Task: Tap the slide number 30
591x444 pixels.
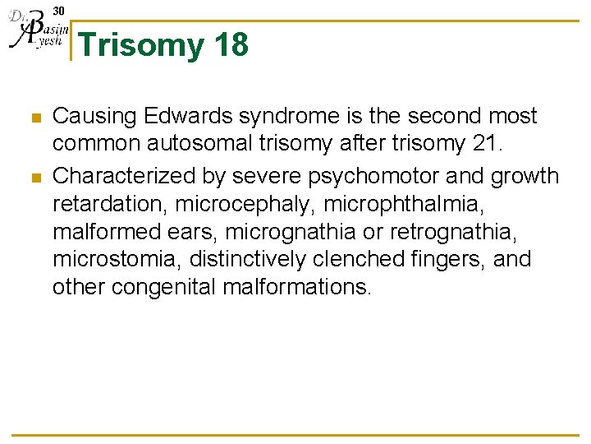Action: (x=58, y=10)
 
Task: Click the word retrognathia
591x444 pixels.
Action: (x=470, y=231)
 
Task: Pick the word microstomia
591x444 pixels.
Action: (x=116, y=259)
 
